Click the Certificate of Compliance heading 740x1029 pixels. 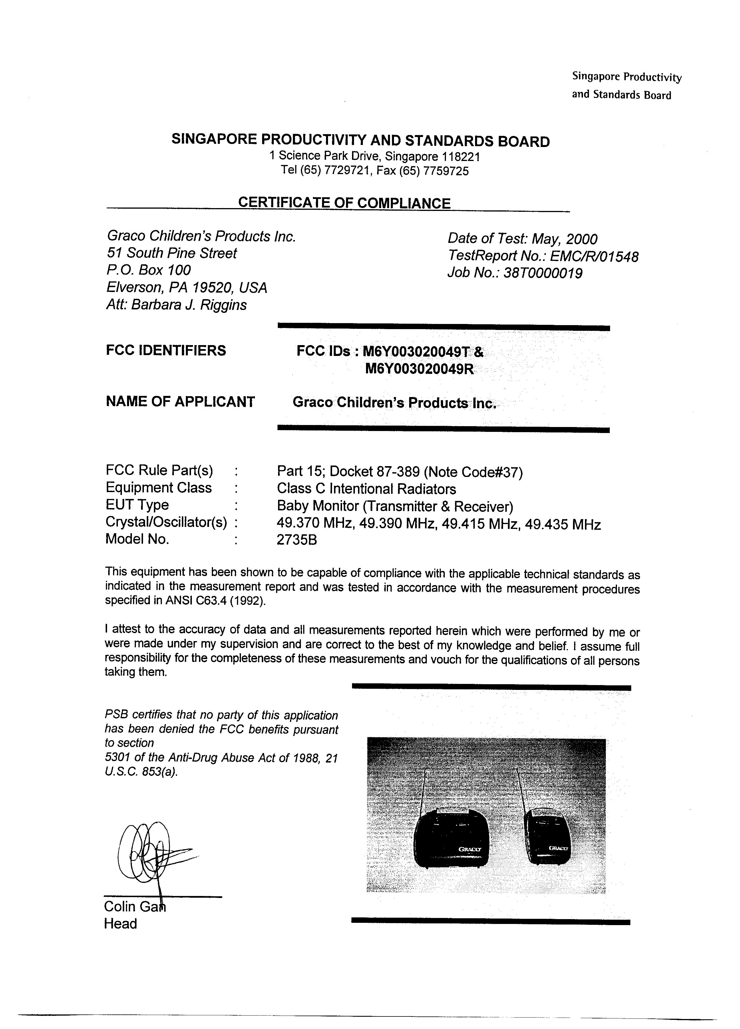coord(344,203)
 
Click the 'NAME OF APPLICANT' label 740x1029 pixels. coord(180,402)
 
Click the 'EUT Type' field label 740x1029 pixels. coord(137,505)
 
